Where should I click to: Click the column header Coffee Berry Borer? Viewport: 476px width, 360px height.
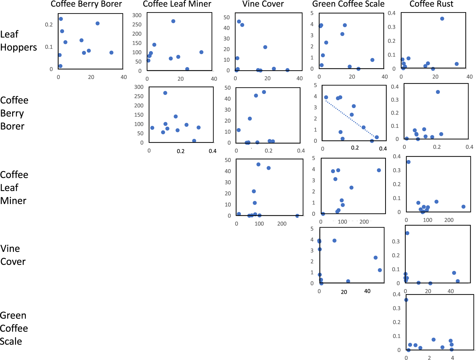[86, 4]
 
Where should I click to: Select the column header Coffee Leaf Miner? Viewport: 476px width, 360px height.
[177, 4]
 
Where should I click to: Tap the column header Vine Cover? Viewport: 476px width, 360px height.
[263, 4]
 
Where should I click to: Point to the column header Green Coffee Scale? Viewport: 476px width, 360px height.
[348, 4]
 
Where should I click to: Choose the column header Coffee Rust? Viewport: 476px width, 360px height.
[431, 4]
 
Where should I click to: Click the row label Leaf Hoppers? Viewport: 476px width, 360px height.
[18, 41]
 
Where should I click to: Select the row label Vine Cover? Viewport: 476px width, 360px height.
[13, 255]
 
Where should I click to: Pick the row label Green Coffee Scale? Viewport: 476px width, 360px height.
[14, 328]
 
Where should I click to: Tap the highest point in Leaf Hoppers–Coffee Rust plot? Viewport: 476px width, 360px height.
[442, 19]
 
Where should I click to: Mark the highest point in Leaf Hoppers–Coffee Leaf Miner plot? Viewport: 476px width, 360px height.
[173, 21]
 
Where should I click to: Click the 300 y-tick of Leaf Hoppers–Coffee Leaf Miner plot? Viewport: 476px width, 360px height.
[137, 15]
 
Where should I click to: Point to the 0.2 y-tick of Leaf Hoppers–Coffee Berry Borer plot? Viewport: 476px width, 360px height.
[49, 25]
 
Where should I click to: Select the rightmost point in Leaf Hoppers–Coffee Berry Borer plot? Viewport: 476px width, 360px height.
[111, 53]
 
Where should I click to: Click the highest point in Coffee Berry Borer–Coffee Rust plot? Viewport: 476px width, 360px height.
[438, 92]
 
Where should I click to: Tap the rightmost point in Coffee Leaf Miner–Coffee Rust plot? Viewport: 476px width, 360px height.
[463, 207]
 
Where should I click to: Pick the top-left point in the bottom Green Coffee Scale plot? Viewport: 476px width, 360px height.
[406, 300]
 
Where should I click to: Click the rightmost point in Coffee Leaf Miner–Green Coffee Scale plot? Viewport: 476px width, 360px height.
[379, 170]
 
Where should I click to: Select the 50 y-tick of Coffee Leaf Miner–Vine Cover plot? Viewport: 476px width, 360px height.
[228, 160]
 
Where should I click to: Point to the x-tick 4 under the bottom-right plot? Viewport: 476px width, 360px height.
[452, 358]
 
